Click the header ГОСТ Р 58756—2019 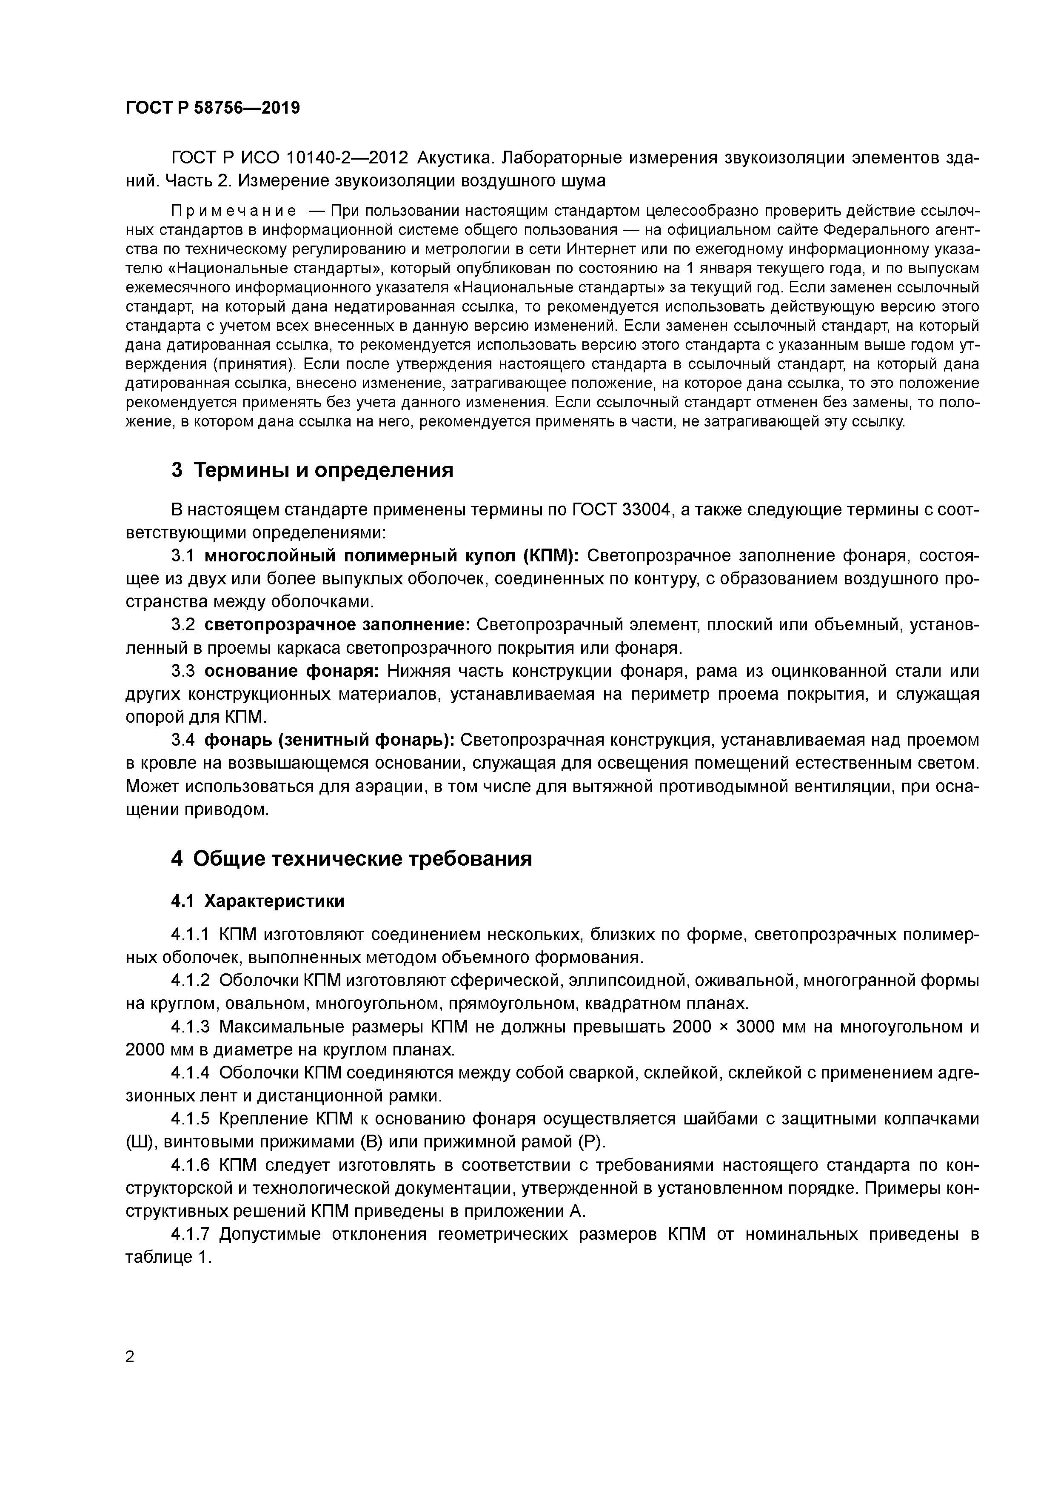[x=213, y=108]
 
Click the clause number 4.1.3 [x=191, y=1027]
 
